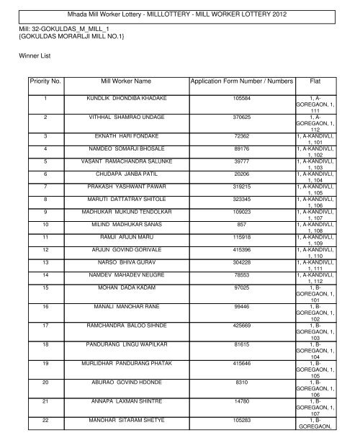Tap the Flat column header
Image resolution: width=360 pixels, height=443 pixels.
point(314,82)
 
